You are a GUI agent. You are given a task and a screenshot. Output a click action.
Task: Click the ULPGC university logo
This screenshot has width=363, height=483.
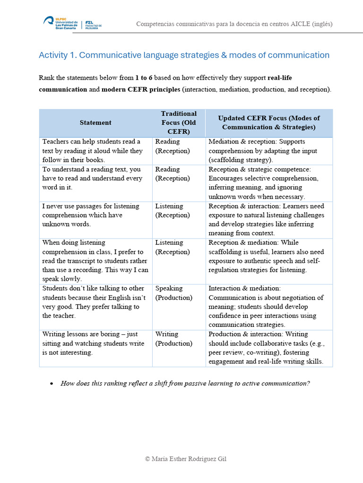tap(60, 23)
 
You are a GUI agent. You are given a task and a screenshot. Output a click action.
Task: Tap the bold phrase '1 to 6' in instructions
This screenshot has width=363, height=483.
tap(144, 77)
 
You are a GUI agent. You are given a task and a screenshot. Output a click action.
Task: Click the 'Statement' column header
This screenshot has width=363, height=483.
tap(95, 123)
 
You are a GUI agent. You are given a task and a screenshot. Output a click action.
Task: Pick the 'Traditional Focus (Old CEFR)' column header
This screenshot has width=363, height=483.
tap(179, 123)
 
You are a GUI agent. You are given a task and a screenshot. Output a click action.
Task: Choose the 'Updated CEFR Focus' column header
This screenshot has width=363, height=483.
tap(268, 123)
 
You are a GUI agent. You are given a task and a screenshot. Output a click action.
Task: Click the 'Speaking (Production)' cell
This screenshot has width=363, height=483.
tap(173, 293)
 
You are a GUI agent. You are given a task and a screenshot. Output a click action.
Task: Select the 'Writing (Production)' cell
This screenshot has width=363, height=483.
tap(173, 339)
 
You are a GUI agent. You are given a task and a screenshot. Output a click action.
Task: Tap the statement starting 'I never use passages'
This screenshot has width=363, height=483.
tap(91, 215)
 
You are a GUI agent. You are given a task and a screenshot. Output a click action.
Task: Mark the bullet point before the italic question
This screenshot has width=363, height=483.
tap(52, 384)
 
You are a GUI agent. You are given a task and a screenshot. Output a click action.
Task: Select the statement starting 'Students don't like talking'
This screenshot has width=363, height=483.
tap(94, 302)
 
